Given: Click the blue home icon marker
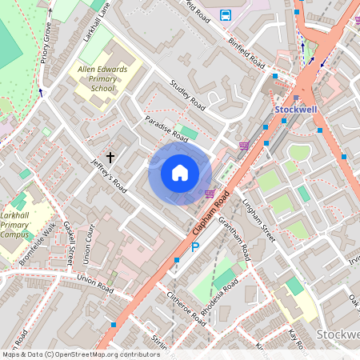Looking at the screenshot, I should pyautogui.click(x=180, y=172).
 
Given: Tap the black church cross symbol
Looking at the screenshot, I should pyautogui.click(x=111, y=158).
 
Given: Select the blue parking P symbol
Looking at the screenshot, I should pyautogui.click(x=194, y=248).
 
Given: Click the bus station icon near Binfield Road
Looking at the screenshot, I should pyautogui.click(x=226, y=14).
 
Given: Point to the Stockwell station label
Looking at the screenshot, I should pyautogui.click(x=297, y=109).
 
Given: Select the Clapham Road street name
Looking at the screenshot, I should pyautogui.click(x=210, y=214).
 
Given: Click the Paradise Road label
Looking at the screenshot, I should pyautogui.click(x=166, y=128).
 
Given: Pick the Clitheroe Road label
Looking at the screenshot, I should pyautogui.click(x=186, y=307).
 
